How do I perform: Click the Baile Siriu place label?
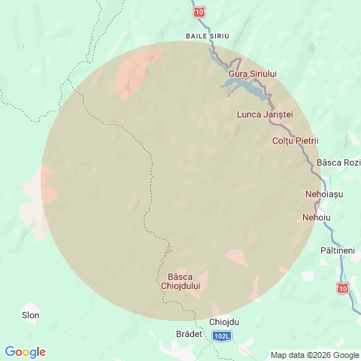[207, 35]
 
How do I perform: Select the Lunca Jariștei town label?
[264, 114]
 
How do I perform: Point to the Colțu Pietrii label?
[296, 141]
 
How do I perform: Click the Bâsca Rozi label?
[339, 162]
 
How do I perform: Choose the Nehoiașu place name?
[324, 194]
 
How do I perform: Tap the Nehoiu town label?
[316, 217]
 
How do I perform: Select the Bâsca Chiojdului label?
[180, 281]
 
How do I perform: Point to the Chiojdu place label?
[224, 322]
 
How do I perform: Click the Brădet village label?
[189, 333]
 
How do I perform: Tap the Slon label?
[31, 315]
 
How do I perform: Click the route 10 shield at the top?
[199, 12]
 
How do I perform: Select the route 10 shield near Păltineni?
[343, 288]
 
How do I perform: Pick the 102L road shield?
[222, 336]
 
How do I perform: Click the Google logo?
[25, 352]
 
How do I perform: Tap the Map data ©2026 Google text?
[315, 355]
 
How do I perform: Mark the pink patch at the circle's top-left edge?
[139, 71]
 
